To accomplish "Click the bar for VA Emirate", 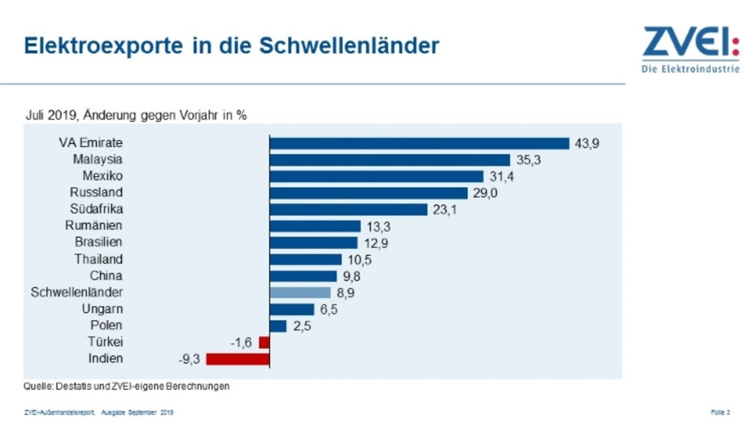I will pos(419,144).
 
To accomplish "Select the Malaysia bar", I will pos(389,160).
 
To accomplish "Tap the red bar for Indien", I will pos(237,358).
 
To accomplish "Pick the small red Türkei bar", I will pos(264,342).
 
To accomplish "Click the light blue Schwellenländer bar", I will pos(300,293).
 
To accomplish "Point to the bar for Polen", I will pos(278,326).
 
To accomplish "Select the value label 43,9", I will pos(587,144).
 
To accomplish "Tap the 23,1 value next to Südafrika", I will pos(444,210).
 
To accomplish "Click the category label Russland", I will pos(96,192).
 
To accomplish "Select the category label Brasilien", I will pos(98,242).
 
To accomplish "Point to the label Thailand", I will pos(98,259).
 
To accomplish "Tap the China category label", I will pos(106,275).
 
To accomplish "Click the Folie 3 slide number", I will pos(720,412).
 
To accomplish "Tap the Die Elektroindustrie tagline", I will pos(690,69).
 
